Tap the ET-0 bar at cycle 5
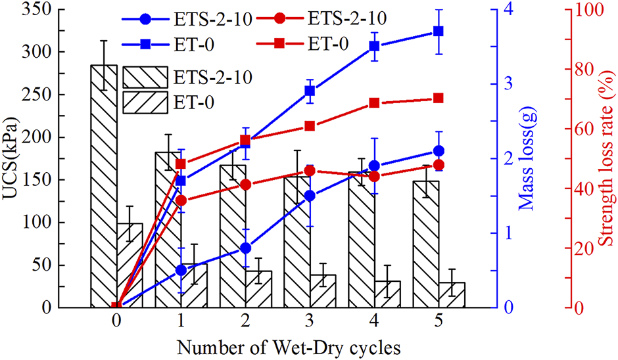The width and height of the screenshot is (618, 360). [452, 295]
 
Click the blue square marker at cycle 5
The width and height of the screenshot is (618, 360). [439, 32]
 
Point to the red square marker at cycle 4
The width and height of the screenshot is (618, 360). [375, 103]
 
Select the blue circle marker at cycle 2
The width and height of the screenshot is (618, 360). [246, 248]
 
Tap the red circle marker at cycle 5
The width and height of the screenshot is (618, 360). [439, 165]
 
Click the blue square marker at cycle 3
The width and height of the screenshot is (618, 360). [310, 91]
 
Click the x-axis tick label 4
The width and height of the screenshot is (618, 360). [375, 321]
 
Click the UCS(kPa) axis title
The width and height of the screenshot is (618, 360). [12, 158]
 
